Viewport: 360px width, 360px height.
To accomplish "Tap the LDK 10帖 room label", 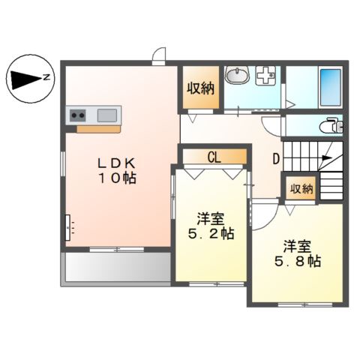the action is [x=117, y=171].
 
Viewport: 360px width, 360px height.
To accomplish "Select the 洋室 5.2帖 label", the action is [x=211, y=226].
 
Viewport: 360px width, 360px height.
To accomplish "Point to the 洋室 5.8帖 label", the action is [x=298, y=253].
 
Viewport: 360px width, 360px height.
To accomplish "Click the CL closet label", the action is [x=214, y=157].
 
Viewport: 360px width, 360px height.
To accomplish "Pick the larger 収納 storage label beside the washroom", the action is [x=201, y=88].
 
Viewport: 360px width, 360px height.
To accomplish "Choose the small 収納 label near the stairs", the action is [x=301, y=189].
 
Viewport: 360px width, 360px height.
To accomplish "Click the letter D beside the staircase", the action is [x=276, y=159].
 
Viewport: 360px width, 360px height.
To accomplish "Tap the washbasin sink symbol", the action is [x=236, y=75].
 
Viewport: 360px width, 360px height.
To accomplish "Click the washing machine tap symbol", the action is [x=265, y=75].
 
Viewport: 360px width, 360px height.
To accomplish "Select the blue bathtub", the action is [x=331, y=87].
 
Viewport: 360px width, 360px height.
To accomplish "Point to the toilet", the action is [x=331, y=126].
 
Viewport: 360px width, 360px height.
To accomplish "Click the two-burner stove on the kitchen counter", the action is [x=77, y=115].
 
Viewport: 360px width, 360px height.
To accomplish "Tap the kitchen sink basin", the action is [x=107, y=115].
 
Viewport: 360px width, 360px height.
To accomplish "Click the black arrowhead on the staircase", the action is [x=327, y=157].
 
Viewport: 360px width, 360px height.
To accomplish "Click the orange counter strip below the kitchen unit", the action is [x=98, y=129].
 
